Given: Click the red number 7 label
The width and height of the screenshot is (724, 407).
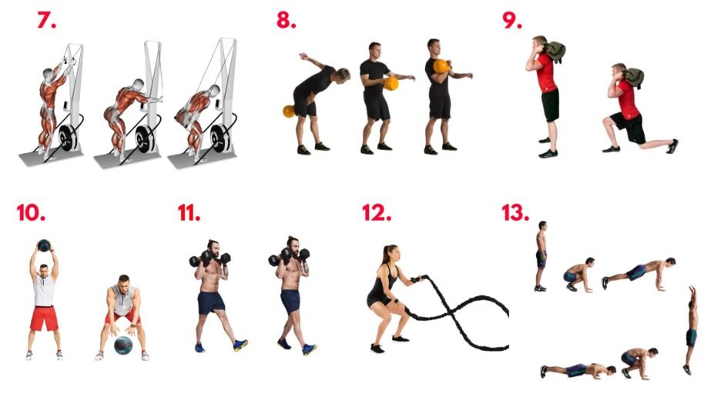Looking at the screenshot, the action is click(46, 20).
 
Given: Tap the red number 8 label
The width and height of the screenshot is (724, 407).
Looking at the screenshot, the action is click(287, 20).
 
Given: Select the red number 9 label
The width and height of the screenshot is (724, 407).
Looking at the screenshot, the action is click(512, 20).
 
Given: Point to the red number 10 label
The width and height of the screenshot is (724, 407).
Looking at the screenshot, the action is click(31, 212).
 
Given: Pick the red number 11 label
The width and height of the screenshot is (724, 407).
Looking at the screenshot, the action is click(189, 212).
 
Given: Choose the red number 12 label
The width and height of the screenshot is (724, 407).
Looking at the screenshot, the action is click(377, 212).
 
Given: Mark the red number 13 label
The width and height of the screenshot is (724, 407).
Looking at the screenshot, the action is click(515, 212).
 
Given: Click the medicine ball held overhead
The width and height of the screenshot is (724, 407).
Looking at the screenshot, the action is click(44, 245).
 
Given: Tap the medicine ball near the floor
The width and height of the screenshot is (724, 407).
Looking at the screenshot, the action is click(123, 345).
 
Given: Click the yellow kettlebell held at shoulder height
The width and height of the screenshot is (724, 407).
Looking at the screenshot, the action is click(441, 66).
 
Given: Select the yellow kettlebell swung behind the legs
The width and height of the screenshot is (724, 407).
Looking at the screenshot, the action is click(289, 112).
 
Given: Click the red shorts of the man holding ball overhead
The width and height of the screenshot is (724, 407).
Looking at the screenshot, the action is click(45, 319).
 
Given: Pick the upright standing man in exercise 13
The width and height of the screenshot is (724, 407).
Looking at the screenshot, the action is click(541, 256).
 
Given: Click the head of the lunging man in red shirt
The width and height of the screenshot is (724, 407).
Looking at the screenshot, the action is click(619, 70).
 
